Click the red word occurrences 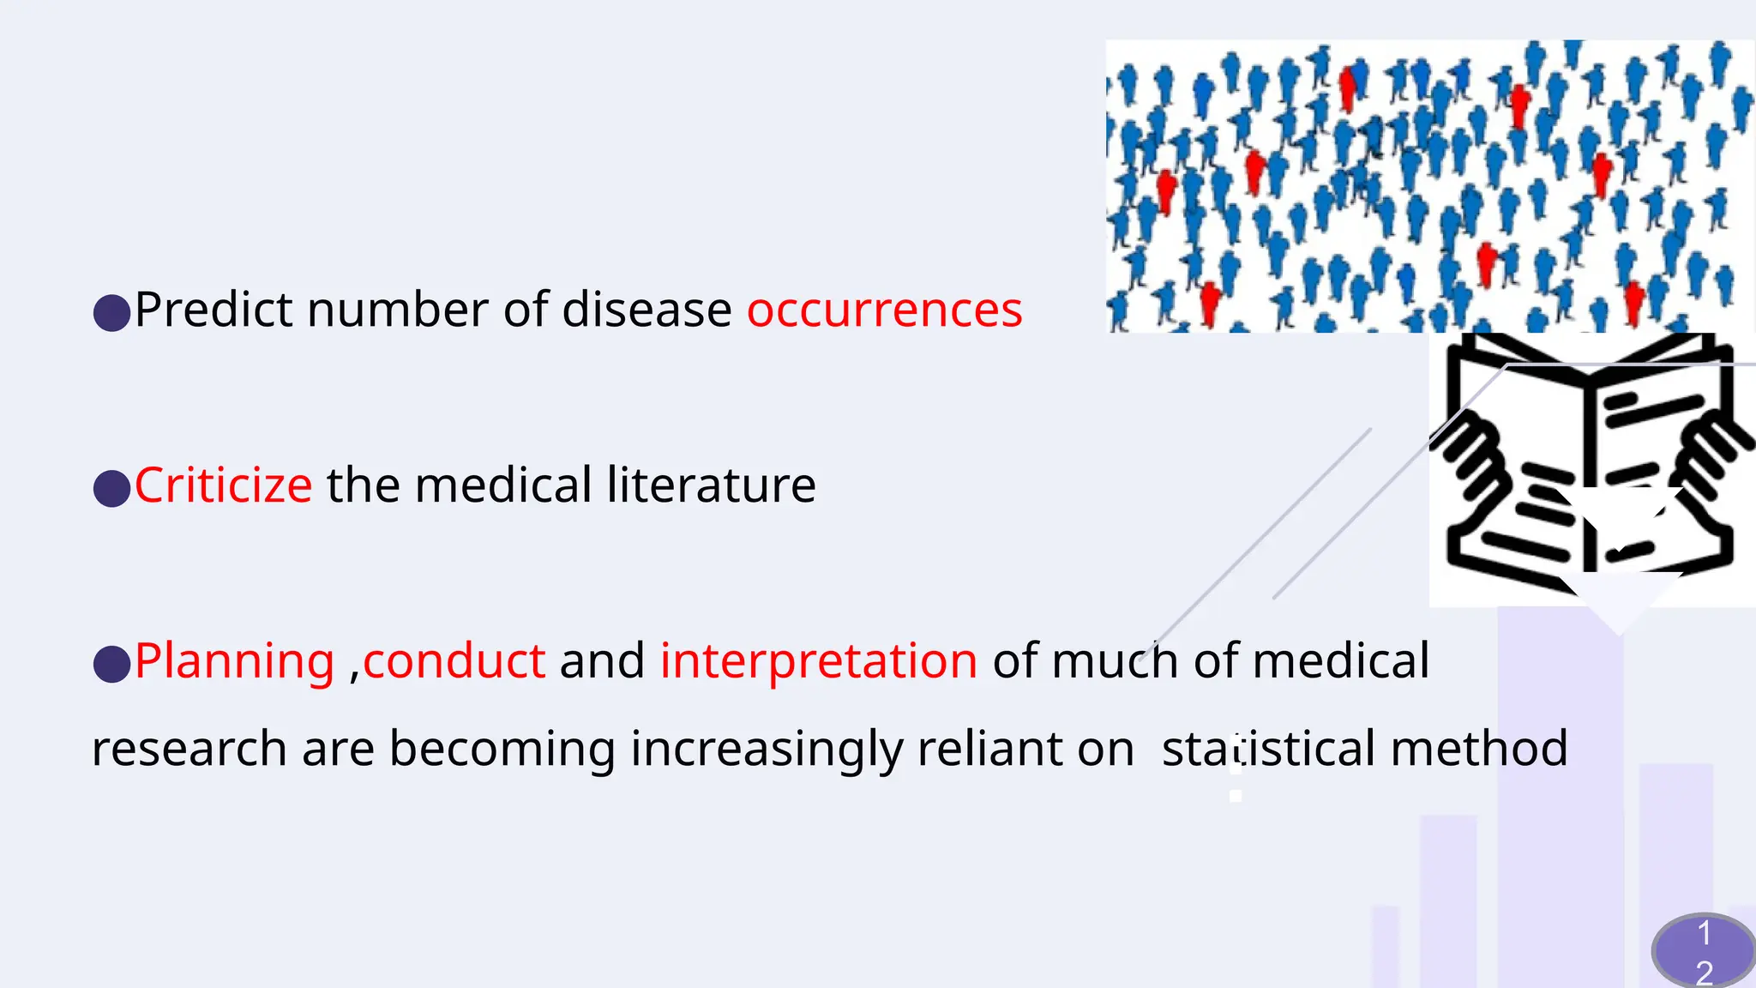click(x=884, y=310)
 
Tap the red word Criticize click(x=223, y=485)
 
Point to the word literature click(x=711, y=485)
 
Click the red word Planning click(x=234, y=662)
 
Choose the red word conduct click(x=454, y=662)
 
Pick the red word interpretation click(x=818, y=662)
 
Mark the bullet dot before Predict click(x=111, y=313)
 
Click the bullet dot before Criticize click(x=111, y=488)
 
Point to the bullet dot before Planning click(x=111, y=664)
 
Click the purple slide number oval click(x=1703, y=950)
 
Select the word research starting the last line click(x=189, y=750)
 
